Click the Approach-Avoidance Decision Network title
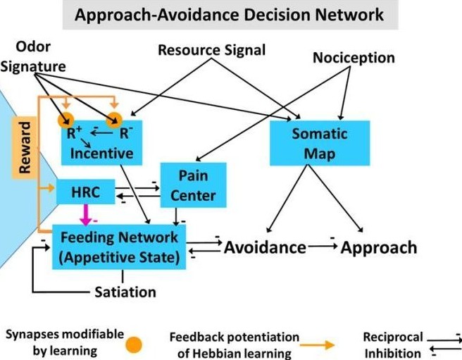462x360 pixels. tap(230, 14)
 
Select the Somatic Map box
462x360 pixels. tap(311, 143)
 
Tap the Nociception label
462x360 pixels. tap(354, 57)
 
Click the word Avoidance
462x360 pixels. tap(265, 247)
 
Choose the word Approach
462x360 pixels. tap(379, 247)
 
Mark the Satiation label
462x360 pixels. tap(125, 292)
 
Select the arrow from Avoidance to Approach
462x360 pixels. tap(323, 247)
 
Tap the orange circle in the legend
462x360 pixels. tap(135, 345)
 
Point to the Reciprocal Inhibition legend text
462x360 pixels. tap(392, 345)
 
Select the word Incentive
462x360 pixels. tap(102, 152)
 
